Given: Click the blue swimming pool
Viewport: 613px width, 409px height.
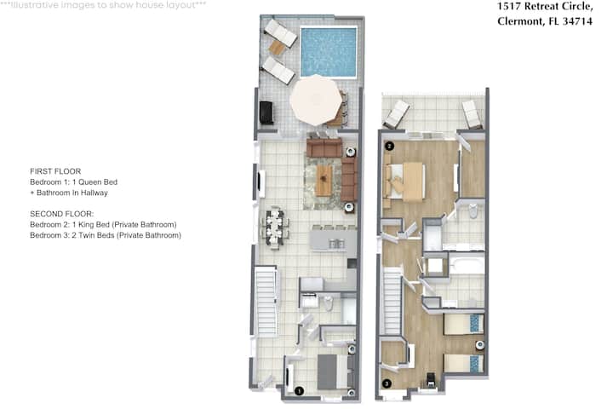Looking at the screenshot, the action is coord(329,52).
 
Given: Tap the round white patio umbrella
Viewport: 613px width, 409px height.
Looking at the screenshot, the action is coord(315,101).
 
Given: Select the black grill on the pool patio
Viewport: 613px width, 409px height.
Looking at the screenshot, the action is coord(266,112).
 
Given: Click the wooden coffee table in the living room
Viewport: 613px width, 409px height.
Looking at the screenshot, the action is coord(324,180).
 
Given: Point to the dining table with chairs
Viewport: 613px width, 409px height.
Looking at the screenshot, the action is coord(275,228).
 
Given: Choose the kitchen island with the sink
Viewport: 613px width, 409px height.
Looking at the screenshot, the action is coord(333,240).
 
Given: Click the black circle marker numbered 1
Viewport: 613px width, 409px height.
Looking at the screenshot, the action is coord(299,390).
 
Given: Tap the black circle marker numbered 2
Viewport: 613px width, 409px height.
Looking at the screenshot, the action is coord(389,147).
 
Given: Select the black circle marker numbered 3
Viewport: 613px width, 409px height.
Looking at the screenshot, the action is coord(387,383).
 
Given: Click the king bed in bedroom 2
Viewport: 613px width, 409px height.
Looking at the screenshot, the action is coord(404,181).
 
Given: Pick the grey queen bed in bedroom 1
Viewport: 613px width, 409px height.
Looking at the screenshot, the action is coord(335,372).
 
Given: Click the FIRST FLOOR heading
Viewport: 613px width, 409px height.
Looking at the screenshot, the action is coord(55,171).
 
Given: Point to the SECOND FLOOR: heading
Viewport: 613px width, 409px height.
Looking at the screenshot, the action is coord(62,214).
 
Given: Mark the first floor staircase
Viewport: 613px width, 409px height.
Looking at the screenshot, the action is coord(266,301).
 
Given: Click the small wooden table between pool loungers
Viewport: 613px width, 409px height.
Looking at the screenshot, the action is coord(277,48).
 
